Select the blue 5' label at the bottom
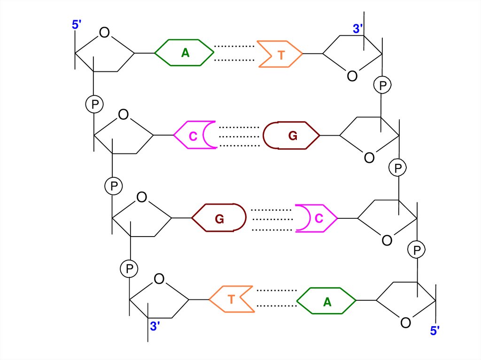(x=435, y=330)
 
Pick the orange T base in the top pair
(x=280, y=55)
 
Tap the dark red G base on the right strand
(x=292, y=136)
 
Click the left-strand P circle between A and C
(x=94, y=104)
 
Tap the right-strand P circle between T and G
(x=382, y=85)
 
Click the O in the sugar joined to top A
(x=104, y=32)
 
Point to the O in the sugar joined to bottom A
(x=405, y=322)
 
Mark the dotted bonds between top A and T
(x=233, y=53)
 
